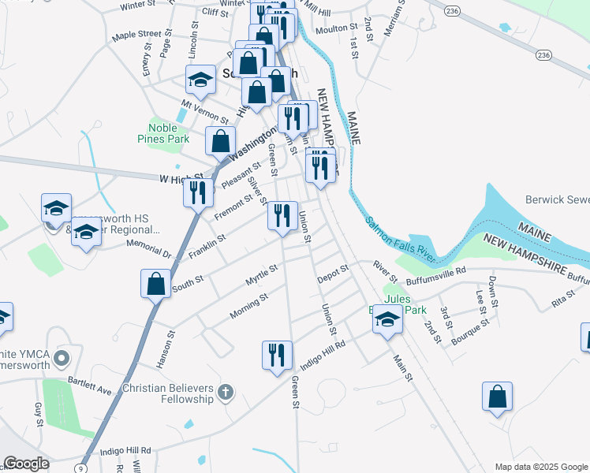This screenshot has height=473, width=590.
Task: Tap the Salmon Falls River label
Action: point(401,237)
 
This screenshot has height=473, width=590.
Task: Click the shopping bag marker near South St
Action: point(157,284)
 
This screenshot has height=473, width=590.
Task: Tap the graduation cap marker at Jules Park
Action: point(386,320)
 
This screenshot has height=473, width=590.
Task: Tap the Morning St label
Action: point(249,307)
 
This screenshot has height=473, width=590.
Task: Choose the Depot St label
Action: point(333,273)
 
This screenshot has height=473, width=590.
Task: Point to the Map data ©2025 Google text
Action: point(540,467)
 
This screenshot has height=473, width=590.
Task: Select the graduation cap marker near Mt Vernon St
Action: point(200,80)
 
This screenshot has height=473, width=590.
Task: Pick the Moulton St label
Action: point(337,28)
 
